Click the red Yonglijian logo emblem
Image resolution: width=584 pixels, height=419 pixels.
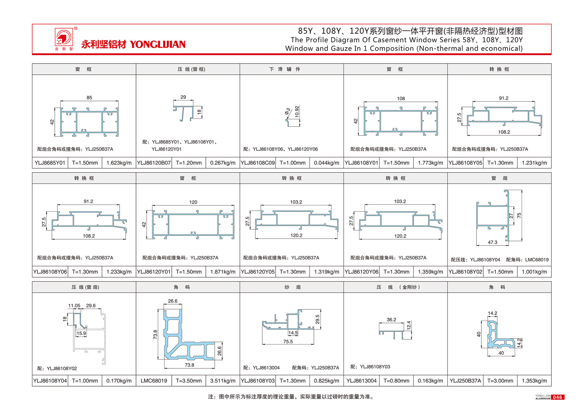(x=64, y=37)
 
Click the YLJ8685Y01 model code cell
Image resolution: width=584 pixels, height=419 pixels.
(x=50, y=163)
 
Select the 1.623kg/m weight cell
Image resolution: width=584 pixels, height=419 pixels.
(x=119, y=163)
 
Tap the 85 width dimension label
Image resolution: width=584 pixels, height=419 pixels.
(x=89, y=98)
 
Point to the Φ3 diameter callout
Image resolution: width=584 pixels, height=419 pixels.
(x=288, y=111)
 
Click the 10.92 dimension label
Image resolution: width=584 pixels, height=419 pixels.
(x=297, y=112)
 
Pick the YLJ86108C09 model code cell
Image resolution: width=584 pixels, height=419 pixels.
(x=258, y=163)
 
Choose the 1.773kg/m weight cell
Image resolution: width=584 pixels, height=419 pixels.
(x=430, y=163)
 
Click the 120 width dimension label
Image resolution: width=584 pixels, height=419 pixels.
(x=193, y=202)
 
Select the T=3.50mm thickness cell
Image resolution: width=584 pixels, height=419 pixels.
(x=189, y=381)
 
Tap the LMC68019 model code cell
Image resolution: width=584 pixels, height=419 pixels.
(x=154, y=381)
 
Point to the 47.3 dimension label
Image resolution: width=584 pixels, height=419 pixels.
(x=492, y=242)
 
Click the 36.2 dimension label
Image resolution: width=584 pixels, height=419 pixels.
(x=391, y=320)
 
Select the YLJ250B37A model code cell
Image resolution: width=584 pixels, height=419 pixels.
(x=465, y=381)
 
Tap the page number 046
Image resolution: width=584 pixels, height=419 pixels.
(x=557, y=397)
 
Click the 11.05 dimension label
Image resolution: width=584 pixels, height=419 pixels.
(x=74, y=306)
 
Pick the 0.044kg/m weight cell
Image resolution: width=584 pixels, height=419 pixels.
(x=326, y=163)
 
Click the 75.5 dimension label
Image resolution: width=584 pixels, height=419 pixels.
(x=288, y=342)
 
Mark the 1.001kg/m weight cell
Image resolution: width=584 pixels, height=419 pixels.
(x=534, y=272)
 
